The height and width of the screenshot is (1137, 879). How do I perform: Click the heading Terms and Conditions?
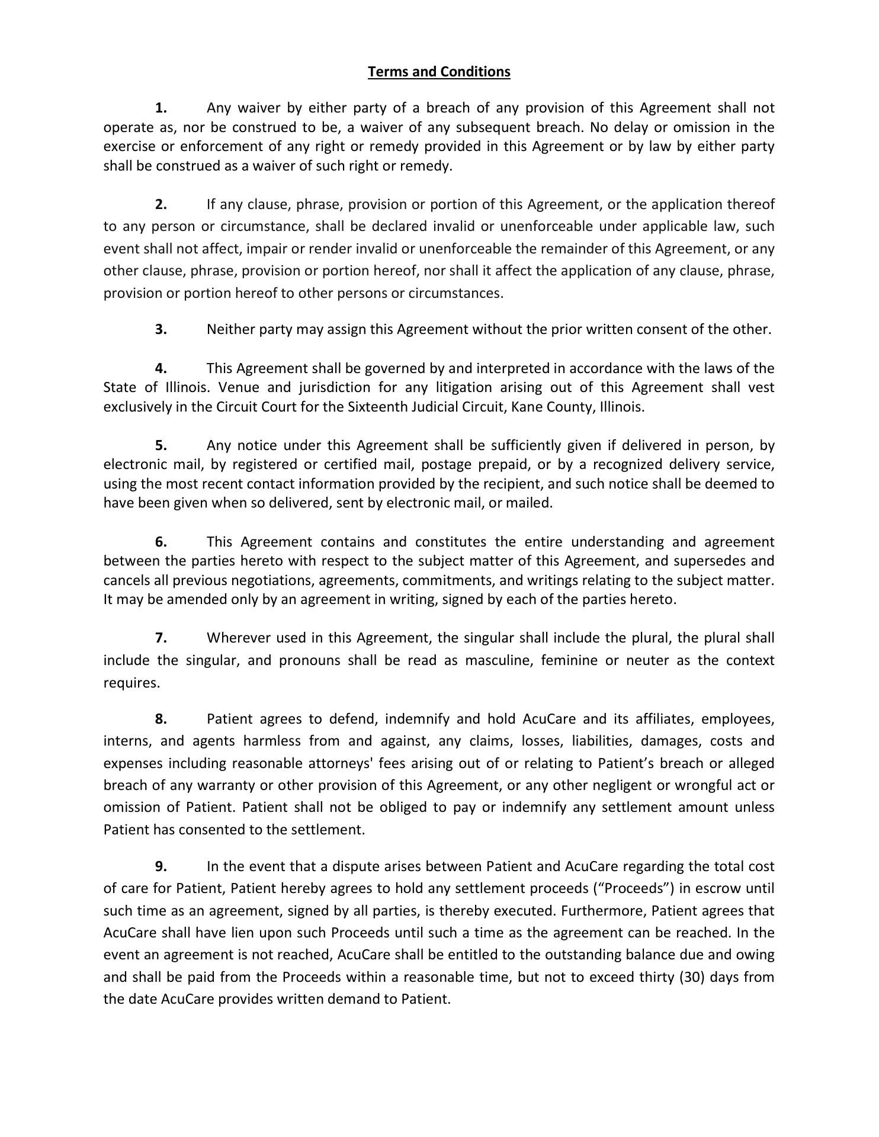(x=439, y=72)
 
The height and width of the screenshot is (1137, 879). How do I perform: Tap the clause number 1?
(x=161, y=108)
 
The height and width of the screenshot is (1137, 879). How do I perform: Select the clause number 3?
(x=161, y=329)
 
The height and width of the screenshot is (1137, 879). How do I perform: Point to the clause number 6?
(x=161, y=542)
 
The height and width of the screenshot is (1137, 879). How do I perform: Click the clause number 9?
(x=161, y=866)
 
